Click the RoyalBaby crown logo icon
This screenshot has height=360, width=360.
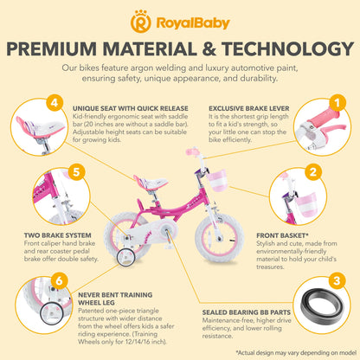(140, 22)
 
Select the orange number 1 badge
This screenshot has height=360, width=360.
(337, 103)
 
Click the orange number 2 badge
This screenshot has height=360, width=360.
(313, 172)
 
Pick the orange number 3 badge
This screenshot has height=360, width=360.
(337, 280)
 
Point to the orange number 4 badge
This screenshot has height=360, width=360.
(55, 103)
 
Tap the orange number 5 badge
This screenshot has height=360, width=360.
(76, 172)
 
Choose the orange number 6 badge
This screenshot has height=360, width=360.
(60, 280)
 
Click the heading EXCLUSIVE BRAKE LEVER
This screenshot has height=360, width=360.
(249, 109)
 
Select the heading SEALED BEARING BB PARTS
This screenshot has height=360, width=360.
(247, 312)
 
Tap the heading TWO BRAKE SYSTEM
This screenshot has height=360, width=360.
(57, 235)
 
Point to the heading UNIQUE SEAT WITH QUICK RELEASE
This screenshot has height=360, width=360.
(131, 109)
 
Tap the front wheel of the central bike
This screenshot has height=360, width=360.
(219, 238)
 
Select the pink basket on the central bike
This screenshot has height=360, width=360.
(216, 181)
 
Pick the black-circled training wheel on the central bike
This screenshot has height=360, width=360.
(126, 260)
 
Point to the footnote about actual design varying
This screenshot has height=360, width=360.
(296, 353)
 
